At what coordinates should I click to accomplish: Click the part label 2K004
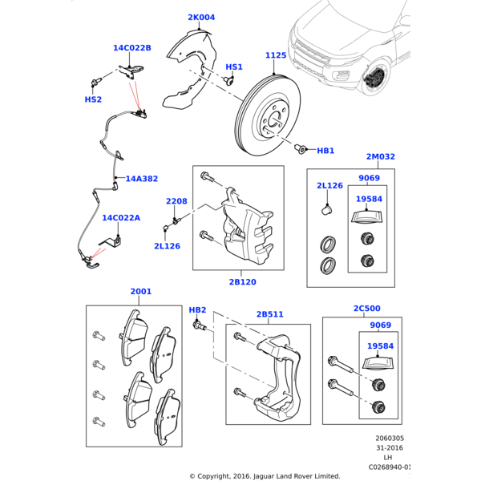(x=201, y=18)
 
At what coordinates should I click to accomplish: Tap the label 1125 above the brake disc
(x=276, y=55)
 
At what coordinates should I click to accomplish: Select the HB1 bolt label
(x=325, y=151)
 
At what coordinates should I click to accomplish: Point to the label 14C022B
(x=131, y=48)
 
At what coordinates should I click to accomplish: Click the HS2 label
(x=93, y=99)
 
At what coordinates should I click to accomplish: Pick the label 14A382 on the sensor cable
(x=141, y=179)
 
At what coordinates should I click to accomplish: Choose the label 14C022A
(x=120, y=217)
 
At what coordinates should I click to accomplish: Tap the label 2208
(x=176, y=201)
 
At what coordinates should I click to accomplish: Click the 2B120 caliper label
(x=242, y=282)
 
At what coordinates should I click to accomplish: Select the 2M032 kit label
(x=380, y=157)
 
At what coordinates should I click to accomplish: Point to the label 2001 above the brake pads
(x=140, y=292)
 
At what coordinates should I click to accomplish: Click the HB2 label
(x=197, y=309)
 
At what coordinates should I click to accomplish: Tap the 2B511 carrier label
(x=270, y=314)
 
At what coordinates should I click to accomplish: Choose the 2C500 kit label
(x=366, y=308)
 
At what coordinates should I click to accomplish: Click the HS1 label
(x=234, y=67)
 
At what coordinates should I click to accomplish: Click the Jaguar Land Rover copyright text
(x=265, y=475)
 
